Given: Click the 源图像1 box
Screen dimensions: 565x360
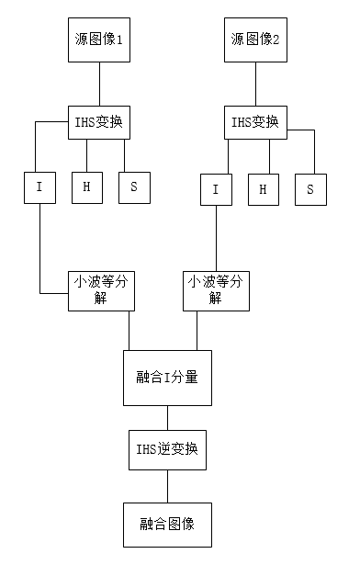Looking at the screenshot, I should (x=100, y=40).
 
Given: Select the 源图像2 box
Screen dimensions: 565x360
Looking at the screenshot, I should (x=256, y=40).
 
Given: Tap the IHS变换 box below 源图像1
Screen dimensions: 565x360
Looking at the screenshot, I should (x=100, y=120).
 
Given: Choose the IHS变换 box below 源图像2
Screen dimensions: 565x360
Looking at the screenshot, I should (x=256, y=120).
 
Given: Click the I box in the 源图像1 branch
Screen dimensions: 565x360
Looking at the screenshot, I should (x=39, y=187).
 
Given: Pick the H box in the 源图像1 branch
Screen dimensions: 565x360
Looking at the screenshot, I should (x=86, y=187).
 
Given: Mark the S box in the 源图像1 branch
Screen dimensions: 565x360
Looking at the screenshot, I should (x=133, y=187).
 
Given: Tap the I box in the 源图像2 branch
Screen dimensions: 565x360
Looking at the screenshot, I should (x=215, y=189).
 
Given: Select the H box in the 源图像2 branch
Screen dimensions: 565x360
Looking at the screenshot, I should (x=263, y=189).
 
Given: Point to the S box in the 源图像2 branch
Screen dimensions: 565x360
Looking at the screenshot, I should (x=310, y=189).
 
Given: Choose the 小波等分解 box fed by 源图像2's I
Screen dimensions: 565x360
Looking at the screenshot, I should (x=216, y=290).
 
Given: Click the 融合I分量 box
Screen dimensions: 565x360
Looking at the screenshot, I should (x=167, y=377).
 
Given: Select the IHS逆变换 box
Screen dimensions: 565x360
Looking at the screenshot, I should (x=167, y=450).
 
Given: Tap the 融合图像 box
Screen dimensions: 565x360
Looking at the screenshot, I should (x=167, y=524).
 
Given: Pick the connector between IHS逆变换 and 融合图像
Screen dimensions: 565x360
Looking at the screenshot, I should (x=167, y=486).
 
